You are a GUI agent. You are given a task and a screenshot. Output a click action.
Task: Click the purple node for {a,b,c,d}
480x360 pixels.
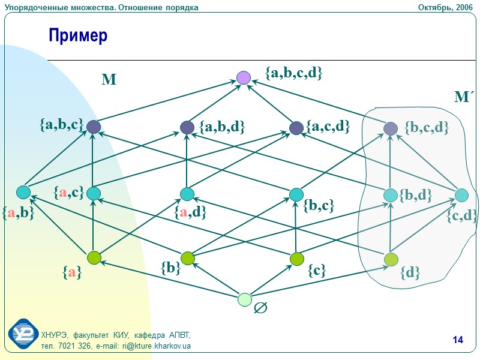(243, 77)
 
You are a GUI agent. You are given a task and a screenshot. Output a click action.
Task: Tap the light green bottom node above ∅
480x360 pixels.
(244, 299)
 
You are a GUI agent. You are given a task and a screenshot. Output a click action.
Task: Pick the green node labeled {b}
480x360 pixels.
(188, 259)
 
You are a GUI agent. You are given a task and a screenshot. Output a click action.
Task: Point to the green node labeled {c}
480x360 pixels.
(297, 259)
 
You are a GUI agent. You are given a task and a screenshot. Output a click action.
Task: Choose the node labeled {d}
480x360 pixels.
(391, 259)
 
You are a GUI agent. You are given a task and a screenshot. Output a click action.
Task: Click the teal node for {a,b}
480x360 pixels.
(23, 192)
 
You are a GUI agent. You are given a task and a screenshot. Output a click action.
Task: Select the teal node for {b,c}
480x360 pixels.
(296, 194)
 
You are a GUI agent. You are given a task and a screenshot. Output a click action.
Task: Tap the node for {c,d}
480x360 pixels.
(461, 195)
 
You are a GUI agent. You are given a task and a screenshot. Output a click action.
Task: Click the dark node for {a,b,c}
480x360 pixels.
(93, 127)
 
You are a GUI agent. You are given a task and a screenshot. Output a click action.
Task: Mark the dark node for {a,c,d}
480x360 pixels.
(296, 128)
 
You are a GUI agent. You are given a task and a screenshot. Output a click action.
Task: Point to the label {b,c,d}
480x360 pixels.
(427, 127)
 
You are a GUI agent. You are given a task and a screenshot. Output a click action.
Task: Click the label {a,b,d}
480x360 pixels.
(222, 127)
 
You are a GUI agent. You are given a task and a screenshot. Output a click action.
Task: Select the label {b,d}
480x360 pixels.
(416, 195)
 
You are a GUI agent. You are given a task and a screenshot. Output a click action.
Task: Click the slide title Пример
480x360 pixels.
(78, 36)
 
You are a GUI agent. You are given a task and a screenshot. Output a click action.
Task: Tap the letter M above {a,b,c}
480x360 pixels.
(109, 80)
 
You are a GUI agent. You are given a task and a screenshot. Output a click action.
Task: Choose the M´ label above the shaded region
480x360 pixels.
(464, 97)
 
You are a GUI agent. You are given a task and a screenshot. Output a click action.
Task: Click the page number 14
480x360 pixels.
(458, 341)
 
